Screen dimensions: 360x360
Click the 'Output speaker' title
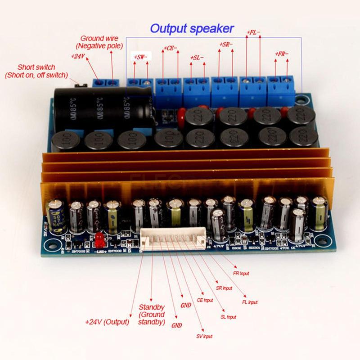192,29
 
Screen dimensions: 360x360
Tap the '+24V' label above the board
79,56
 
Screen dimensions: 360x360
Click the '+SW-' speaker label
142,57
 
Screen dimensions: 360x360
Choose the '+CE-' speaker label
171,48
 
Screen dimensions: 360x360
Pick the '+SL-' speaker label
197,58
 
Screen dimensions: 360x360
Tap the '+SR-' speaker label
226,45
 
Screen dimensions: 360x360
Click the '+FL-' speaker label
254,32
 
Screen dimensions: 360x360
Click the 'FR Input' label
239,273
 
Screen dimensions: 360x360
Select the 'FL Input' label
250,302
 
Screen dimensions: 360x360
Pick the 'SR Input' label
224,288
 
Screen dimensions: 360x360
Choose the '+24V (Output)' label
107,322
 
